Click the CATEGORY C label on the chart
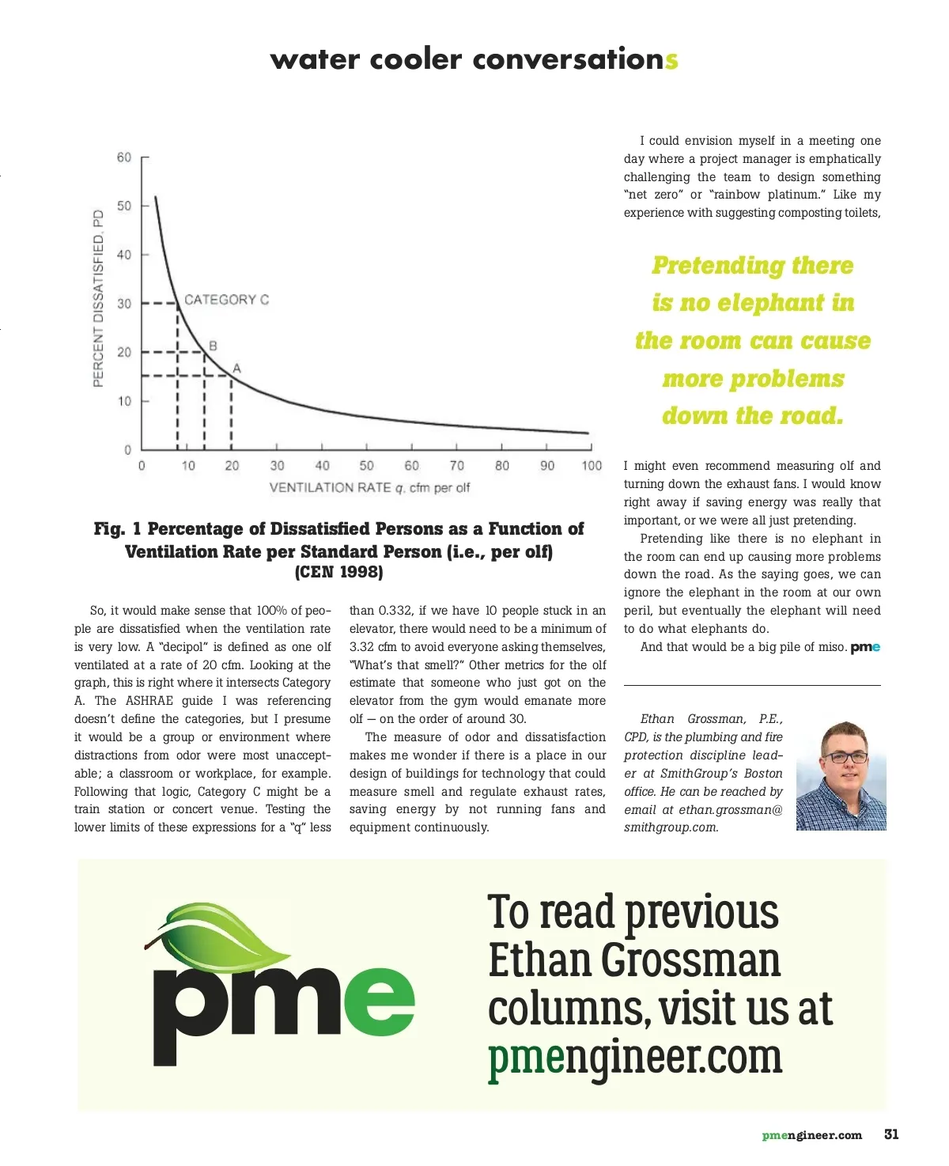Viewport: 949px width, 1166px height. click(226, 300)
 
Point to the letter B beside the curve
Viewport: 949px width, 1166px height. click(213, 346)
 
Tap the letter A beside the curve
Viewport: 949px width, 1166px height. click(236, 369)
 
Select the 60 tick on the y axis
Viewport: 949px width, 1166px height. click(124, 157)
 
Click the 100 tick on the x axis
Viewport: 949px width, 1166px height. click(592, 466)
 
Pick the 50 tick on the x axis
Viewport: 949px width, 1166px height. click(367, 466)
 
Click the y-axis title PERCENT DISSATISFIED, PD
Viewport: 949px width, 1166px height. click(98, 298)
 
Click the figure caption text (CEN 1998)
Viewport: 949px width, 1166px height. click(338, 572)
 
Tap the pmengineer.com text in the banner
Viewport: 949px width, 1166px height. click(635, 1058)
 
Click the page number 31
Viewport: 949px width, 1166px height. click(891, 1134)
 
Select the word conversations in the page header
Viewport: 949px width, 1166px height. click(575, 59)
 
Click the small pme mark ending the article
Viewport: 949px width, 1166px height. click(865, 648)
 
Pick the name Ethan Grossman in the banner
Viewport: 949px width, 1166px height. click(634, 961)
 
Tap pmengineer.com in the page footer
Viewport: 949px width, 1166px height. click(812, 1135)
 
